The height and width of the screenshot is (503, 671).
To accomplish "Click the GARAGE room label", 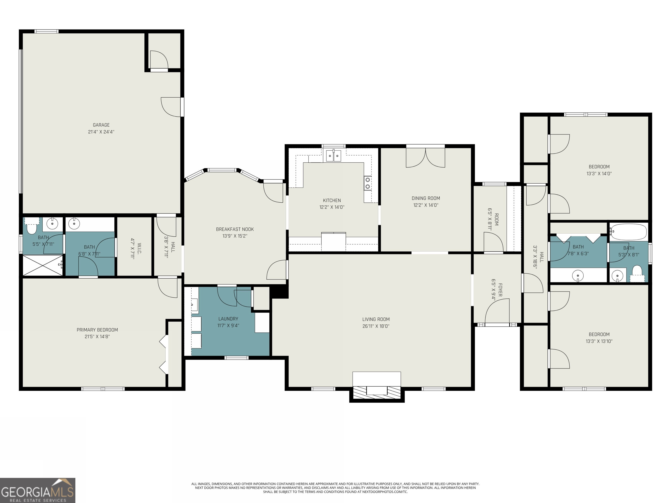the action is [x=101, y=125].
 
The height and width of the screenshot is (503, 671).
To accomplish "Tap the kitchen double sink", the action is [x=333, y=155].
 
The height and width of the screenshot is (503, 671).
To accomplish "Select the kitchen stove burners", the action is [x=367, y=183].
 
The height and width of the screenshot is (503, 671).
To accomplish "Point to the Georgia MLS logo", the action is [x=38, y=490].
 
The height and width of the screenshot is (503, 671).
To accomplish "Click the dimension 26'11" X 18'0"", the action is [x=376, y=326].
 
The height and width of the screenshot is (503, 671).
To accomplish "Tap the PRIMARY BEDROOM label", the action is [x=97, y=330].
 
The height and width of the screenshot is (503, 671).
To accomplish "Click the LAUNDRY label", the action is [x=228, y=319].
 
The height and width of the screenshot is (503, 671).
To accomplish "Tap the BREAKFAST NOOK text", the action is [x=235, y=229].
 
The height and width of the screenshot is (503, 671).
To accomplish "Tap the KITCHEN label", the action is [x=332, y=200].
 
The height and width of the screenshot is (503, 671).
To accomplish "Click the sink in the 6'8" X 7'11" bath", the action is [x=74, y=224].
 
